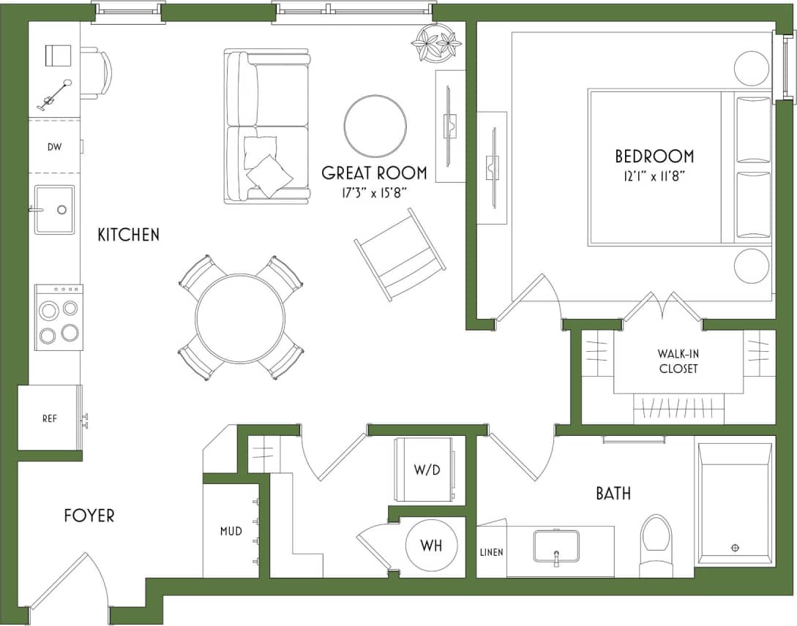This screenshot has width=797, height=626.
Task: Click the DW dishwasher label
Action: click(x=54, y=146)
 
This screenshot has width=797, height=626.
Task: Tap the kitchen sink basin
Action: click(x=55, y=209)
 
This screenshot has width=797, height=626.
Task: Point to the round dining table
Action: click(x=240, y=317)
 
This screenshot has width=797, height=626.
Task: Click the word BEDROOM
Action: click(x=654, y=156)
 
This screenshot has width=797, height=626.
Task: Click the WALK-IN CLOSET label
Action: click(x=677, y=361)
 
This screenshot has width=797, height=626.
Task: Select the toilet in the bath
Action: click(x=655, y=545)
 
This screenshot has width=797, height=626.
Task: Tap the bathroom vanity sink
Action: click(x=556, y=546)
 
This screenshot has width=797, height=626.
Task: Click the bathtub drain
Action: click(x=736, y=547)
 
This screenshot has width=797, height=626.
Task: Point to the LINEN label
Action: click(x=492, y=552)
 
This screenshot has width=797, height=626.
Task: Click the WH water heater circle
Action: click(x=431, y=546)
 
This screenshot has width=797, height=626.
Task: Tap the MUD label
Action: click(x=231, y=530)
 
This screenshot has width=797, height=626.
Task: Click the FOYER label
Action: click(x=89, y=516)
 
